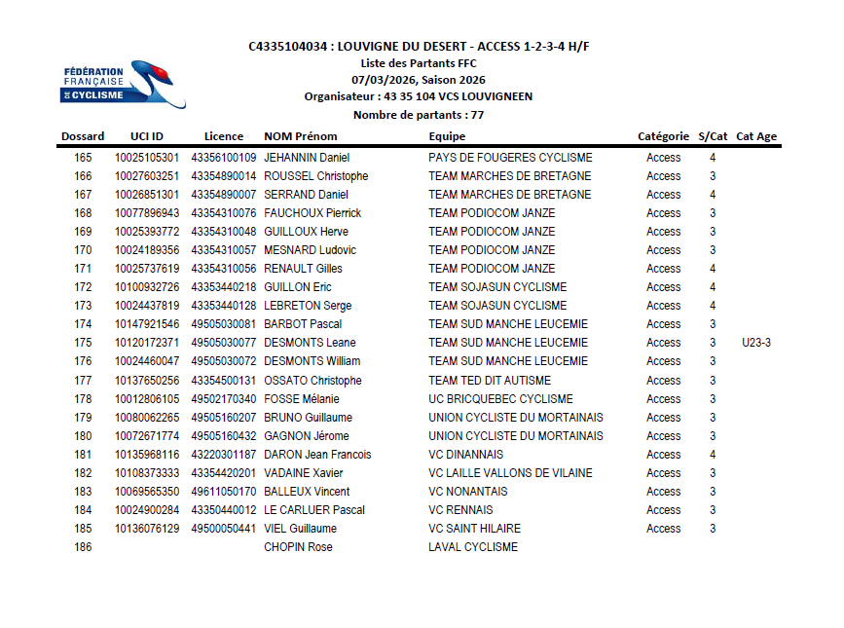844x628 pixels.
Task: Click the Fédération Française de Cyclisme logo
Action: click(123, 84)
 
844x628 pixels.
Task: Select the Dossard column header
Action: click(83, 136)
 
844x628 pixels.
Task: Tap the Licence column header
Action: click(224, 136)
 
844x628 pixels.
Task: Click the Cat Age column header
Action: click(756, 136)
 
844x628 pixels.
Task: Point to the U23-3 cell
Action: click(756, 343)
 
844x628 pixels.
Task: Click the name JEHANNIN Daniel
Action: click(307, 158)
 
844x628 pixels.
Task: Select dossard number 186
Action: click(83, 547)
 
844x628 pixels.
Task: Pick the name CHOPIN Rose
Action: click(298, 547)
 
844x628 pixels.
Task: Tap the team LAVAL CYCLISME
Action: click(473, 547)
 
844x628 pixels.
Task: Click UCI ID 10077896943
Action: click(147, 213)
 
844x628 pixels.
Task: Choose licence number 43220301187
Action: click(224, 455)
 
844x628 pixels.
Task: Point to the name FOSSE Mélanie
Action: click(302, 399)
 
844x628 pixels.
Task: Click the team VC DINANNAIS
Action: click(466, 455)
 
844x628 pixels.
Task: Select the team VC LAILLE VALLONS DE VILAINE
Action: click(510, 473)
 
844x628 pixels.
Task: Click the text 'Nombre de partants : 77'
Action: click(419, 115)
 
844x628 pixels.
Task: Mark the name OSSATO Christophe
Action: click(312, 381)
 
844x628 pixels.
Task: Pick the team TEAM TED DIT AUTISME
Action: click(490, 381)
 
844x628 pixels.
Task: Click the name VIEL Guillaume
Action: click(301, 529)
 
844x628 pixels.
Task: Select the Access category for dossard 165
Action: click(664, 158)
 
